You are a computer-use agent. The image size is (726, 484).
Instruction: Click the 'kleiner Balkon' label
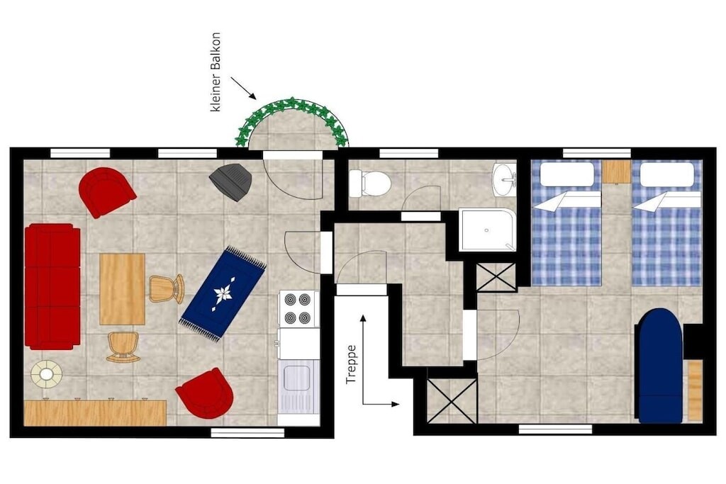(216, 72)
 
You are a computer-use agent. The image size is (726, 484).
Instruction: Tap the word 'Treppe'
(352, 364)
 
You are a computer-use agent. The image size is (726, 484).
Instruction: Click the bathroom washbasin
(504, 179)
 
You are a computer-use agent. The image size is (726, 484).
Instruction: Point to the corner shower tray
(488, 230)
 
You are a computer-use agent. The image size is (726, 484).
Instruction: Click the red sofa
(52, 286)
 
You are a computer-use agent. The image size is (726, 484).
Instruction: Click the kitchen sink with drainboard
(298, 386)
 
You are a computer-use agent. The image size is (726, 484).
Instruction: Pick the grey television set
(231, 181)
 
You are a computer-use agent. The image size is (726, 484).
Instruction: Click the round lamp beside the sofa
(46, 373)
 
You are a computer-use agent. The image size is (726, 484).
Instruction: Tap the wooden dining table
(122, 288)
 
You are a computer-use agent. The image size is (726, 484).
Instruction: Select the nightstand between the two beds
(617, 171)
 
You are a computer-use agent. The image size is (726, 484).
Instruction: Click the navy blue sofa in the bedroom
(659, 366)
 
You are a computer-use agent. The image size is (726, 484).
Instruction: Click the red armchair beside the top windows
(106, 191)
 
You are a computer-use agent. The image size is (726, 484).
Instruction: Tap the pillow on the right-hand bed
(666, 174)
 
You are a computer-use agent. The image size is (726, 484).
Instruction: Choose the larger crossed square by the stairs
(452, 401)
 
